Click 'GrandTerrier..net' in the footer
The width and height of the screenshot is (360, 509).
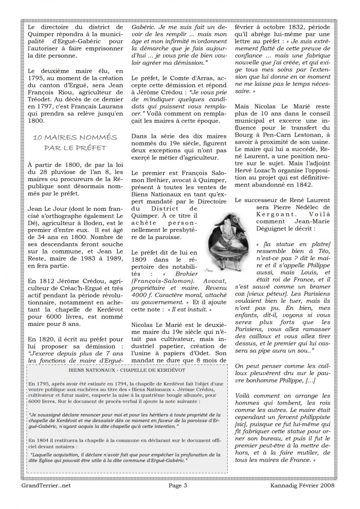(x=46, y=499)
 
